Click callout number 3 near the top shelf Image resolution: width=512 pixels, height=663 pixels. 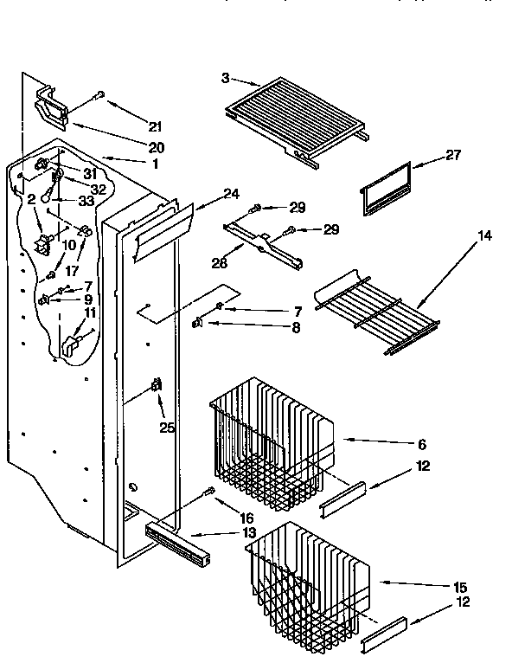click(226, 78)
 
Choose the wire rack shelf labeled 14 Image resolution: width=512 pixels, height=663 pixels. click(376, 312)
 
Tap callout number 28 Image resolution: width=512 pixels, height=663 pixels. click(221, 263)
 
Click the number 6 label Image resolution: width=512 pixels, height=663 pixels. click(421, 445)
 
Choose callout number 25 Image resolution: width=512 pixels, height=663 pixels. click(164, 426)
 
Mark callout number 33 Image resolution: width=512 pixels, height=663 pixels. click(87, 200)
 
